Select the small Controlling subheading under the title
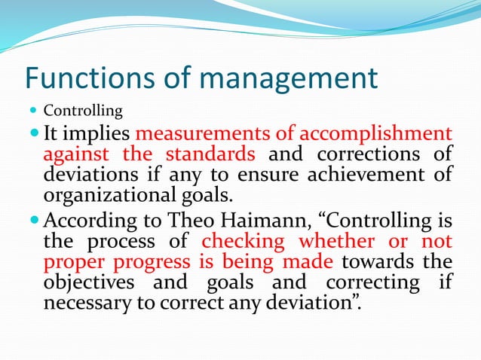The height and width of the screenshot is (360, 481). click(x=83, y=111)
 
